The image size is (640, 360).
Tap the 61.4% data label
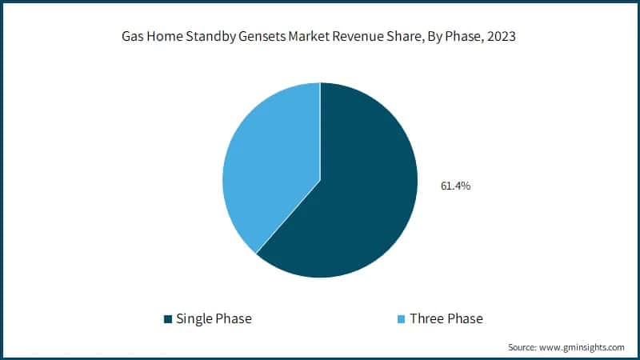pos(456,186)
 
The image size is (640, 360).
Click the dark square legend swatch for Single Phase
pos(168,319)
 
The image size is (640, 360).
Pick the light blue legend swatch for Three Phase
pos(402,319)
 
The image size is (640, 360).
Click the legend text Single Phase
pos(214,318)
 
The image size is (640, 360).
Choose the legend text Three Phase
pos(446,318)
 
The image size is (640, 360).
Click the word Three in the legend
pos(427,318)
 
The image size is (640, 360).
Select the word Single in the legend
pos(194,318)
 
